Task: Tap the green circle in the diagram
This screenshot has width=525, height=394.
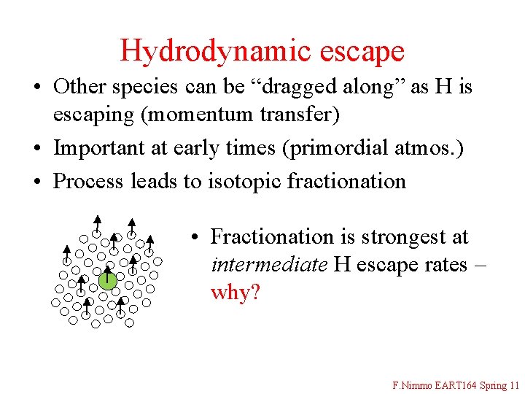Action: (108, 279)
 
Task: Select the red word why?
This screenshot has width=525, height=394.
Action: (235, 293)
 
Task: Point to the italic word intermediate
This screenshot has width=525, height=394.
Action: (268, 264)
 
